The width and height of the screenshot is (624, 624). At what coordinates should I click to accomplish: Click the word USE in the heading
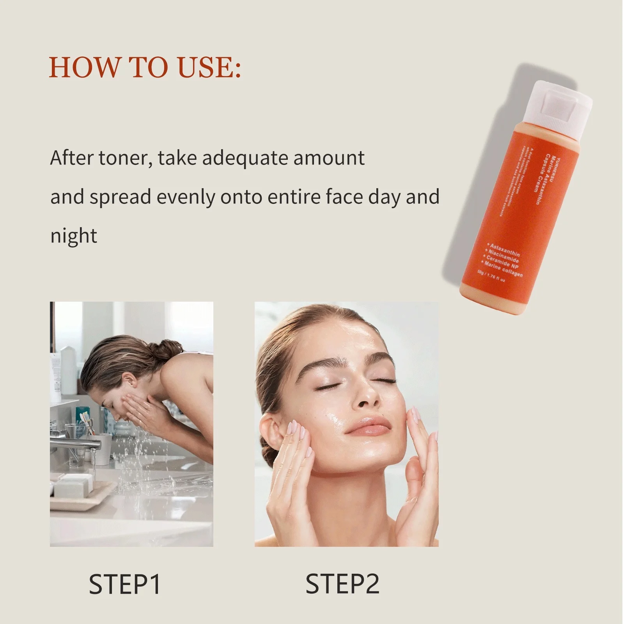click(209, 67)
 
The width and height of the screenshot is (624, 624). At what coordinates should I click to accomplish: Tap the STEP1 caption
click(125, 584)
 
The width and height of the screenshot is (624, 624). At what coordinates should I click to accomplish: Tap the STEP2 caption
click(342, 584)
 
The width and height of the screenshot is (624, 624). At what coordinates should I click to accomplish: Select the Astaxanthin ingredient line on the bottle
click(505, 250)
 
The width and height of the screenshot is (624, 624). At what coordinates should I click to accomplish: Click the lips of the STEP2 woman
click(368, 426)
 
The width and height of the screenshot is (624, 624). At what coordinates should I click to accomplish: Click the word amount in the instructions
click(329, 158)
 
